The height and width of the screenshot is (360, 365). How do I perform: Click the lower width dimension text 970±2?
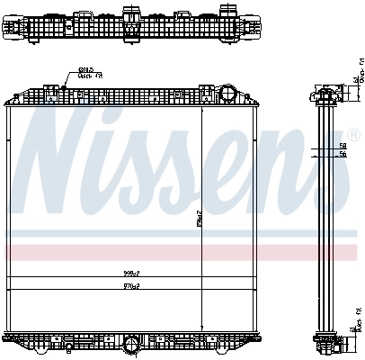click(133, 285)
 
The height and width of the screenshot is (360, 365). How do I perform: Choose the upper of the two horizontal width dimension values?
click(133, 273)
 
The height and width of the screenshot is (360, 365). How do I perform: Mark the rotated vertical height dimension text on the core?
click(203, 218)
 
